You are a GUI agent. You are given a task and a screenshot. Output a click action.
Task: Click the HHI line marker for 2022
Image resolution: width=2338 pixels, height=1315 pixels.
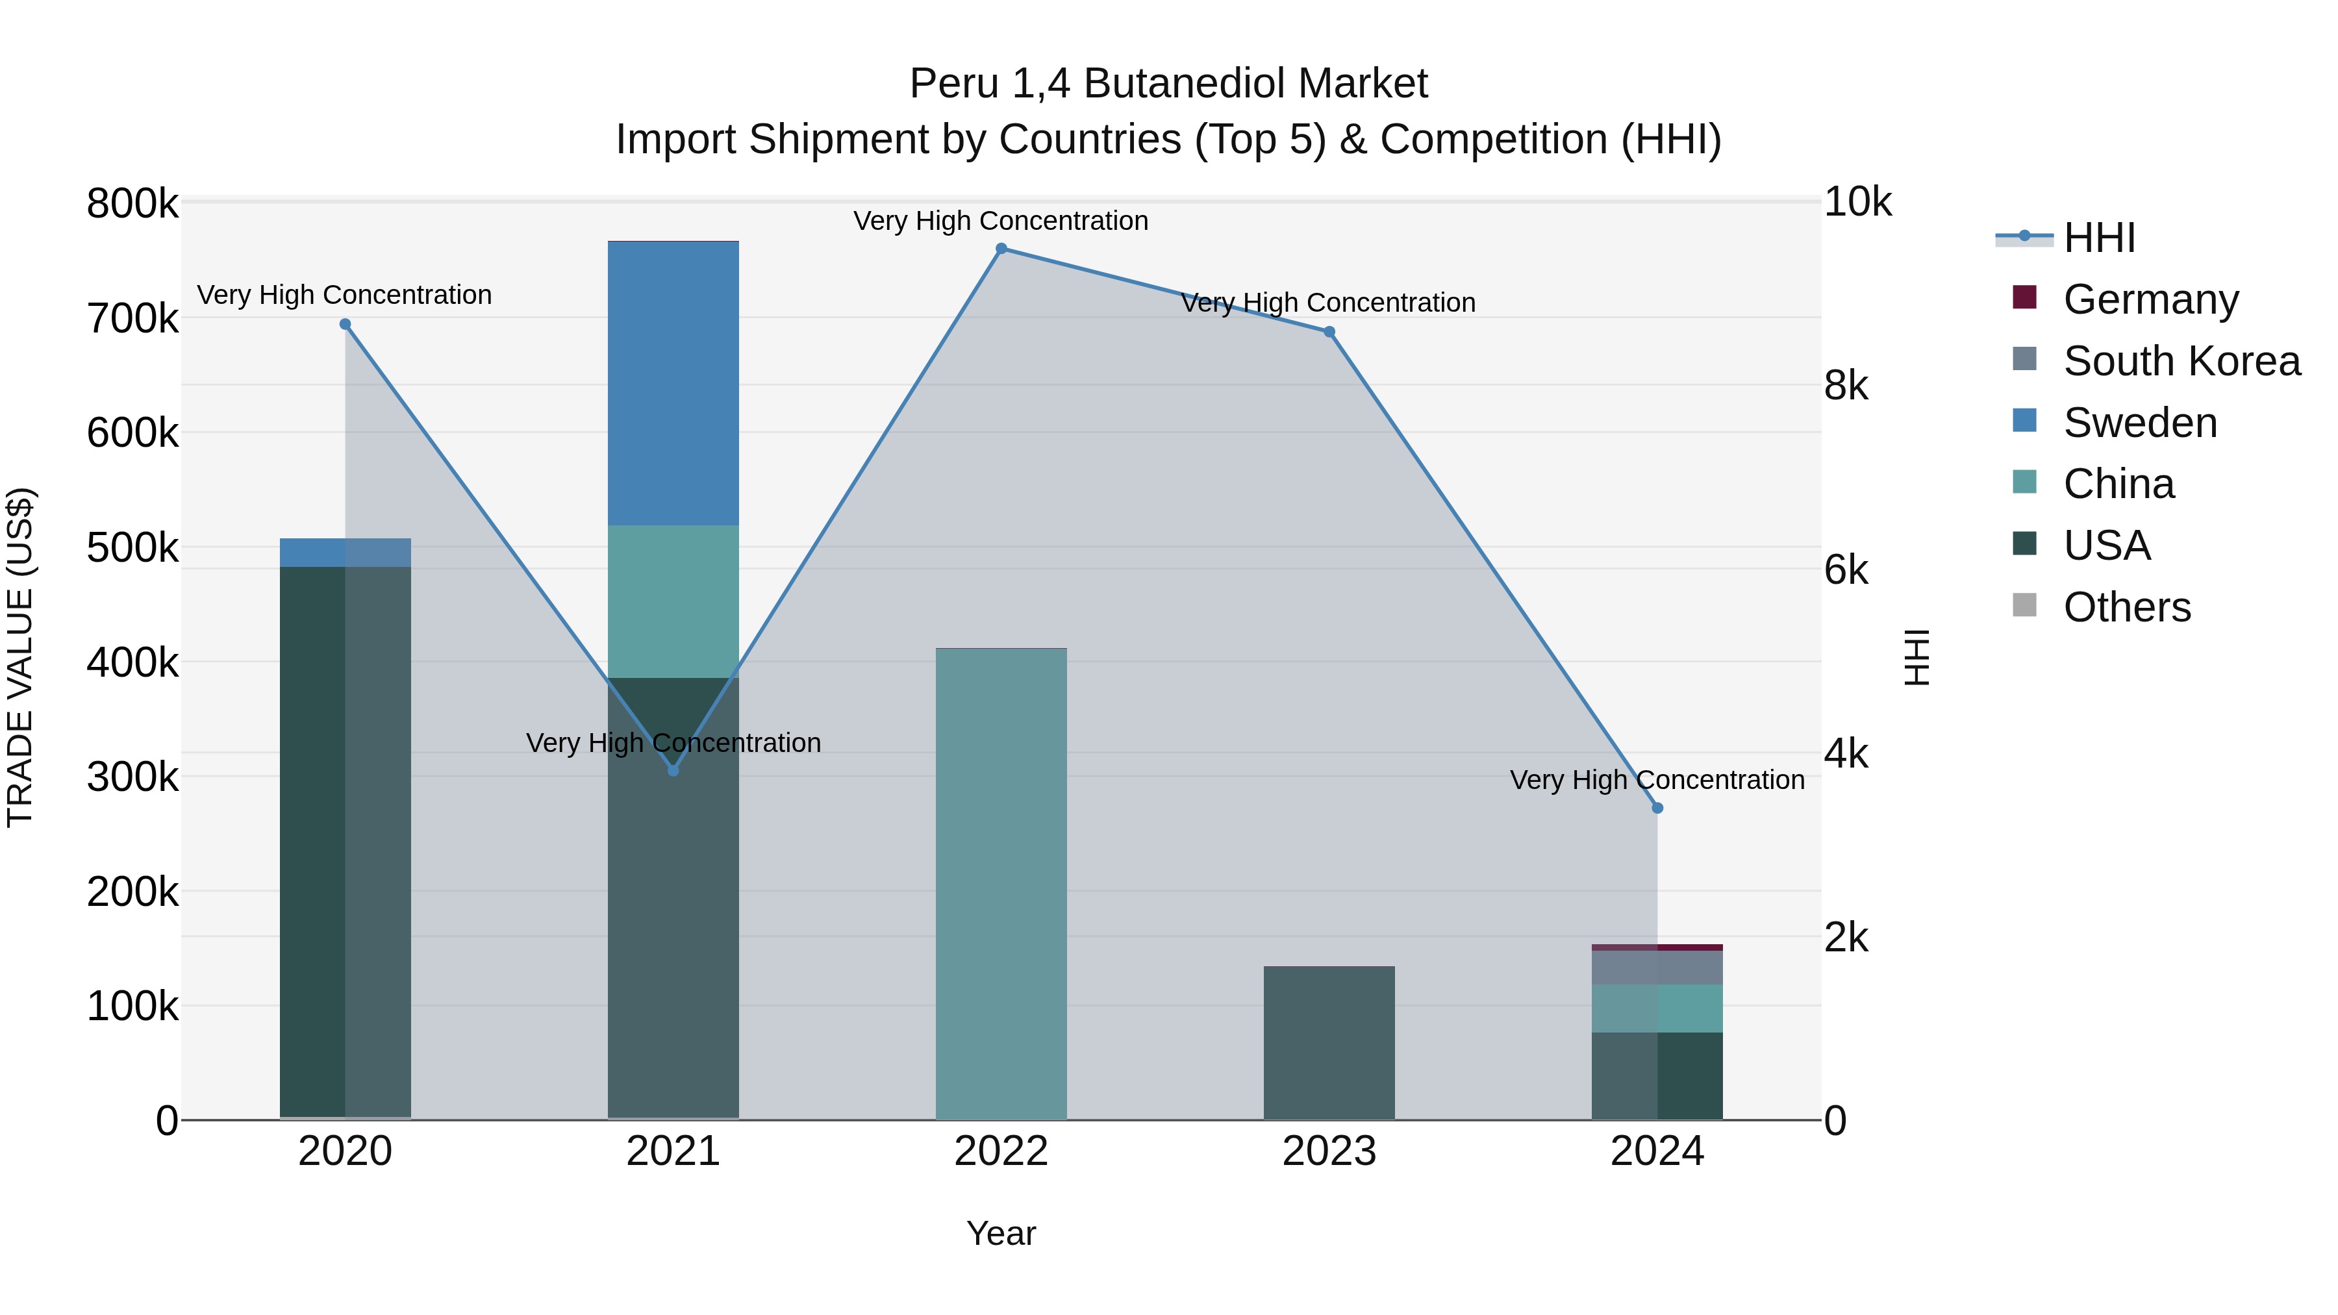point(1001,249)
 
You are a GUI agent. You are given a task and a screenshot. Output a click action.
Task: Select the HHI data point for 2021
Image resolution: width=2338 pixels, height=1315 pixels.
point(673,770)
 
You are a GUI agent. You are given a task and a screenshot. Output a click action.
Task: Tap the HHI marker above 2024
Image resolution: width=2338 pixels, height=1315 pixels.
point(1657,808)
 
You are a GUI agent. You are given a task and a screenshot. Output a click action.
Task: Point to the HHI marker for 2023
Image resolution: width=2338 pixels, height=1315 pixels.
point(1329,332)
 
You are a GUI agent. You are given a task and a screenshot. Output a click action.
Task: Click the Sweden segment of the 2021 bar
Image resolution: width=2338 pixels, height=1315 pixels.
point(673,383)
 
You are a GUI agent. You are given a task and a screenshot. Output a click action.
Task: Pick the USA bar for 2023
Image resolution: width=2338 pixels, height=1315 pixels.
point(1329,1043)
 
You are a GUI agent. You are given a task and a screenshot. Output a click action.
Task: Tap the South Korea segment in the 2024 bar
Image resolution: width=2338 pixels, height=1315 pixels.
point(1657,968)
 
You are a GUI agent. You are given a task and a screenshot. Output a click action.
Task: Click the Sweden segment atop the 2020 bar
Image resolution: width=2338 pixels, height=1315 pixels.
point(345,552)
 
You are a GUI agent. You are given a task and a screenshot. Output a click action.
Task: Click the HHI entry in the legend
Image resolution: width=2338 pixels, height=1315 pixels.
point(2098,238)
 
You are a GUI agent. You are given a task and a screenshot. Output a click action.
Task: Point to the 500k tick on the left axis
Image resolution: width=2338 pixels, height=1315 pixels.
point(132,548)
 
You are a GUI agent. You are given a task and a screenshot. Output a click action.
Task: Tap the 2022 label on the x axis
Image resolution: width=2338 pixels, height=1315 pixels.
point(1001,1151)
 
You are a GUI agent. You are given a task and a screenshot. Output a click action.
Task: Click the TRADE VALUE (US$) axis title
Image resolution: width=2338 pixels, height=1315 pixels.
point(20,657)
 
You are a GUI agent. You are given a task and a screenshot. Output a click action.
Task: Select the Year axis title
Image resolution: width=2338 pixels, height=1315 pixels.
point(1001,1233)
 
